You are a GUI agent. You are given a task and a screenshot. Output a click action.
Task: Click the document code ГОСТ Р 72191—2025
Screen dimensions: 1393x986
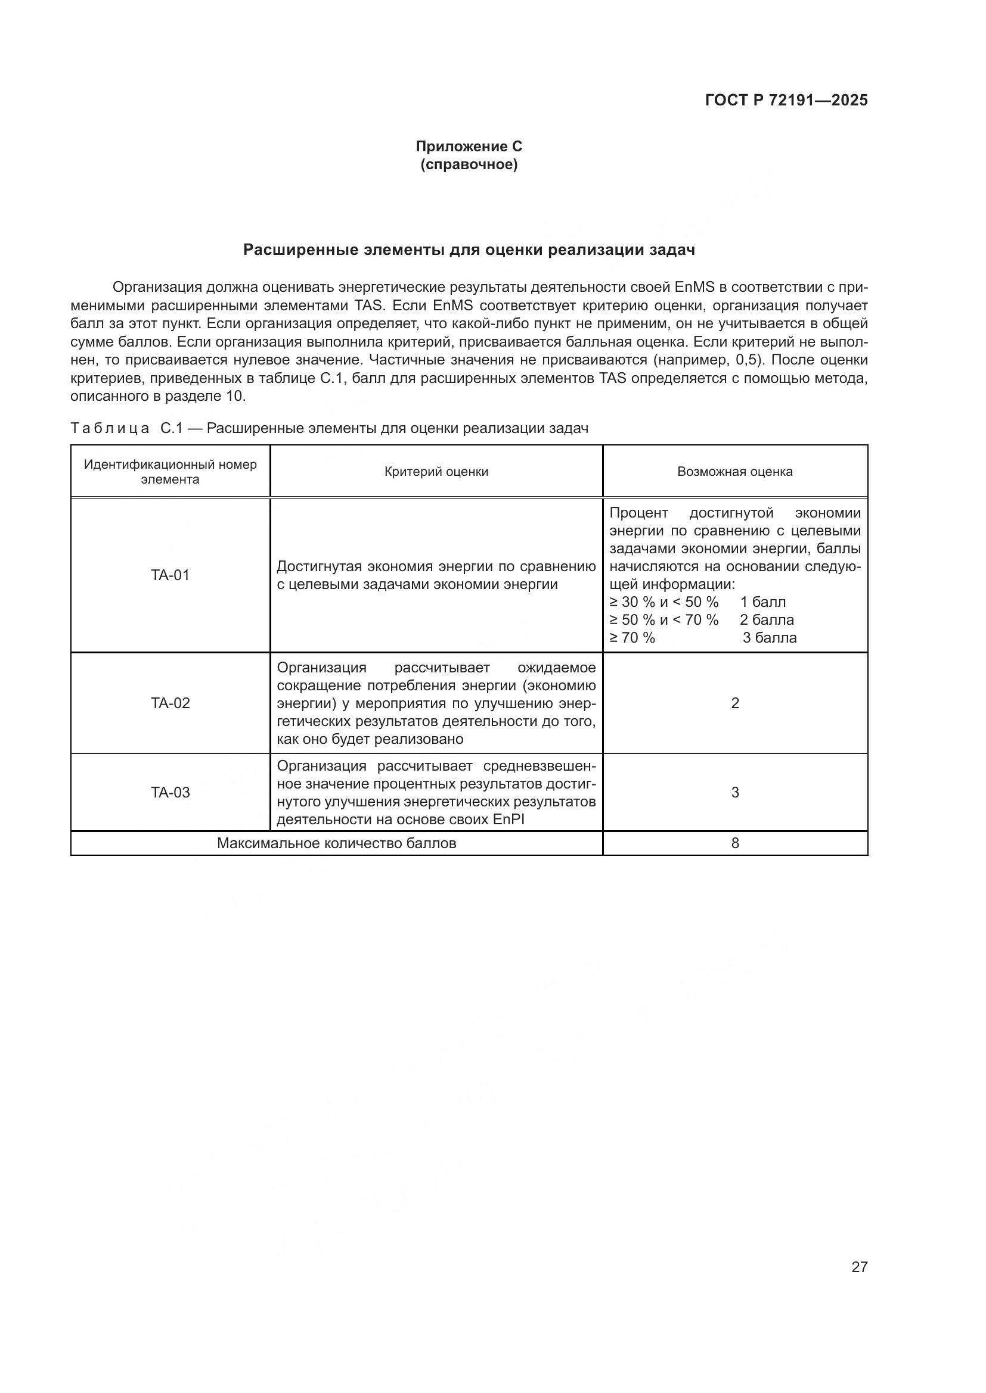point(786,101)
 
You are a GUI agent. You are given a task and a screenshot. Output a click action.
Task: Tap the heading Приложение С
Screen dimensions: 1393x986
point(469,147)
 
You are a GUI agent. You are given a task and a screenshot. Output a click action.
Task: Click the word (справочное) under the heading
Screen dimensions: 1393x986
point(469,165)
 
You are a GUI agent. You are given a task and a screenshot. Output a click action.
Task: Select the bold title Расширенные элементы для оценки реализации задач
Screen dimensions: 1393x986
point(469,250)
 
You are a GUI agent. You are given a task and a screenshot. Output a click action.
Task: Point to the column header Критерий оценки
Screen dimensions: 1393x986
point(436,472)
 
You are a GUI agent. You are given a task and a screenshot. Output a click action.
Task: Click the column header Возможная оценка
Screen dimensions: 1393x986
point(734,472)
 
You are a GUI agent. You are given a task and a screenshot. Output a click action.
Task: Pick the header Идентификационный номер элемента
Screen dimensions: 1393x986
point(170,472)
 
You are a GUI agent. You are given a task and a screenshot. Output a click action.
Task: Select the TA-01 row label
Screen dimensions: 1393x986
point(170,575)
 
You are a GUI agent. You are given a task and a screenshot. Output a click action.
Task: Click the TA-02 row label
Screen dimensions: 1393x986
point(170,703)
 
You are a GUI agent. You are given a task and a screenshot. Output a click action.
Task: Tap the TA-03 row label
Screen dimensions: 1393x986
point(170,792)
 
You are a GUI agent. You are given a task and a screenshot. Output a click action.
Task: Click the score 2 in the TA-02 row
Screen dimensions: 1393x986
point(734,703)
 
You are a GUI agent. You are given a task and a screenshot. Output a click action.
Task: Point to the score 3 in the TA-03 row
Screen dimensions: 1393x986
point(734,792)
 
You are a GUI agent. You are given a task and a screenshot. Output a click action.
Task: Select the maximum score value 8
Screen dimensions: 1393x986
point(734,843)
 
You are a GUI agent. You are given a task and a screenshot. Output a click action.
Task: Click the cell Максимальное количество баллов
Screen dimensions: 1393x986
point(336,843)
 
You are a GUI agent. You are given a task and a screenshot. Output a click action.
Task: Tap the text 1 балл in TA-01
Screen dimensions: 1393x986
point(762,603)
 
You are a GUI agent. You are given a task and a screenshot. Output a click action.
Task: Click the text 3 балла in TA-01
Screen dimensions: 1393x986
point(769,638)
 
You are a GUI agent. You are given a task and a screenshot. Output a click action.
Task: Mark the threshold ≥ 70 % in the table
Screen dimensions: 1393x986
point(632,638)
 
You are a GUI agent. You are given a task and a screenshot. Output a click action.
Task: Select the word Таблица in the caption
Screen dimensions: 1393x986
point(110,429)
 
